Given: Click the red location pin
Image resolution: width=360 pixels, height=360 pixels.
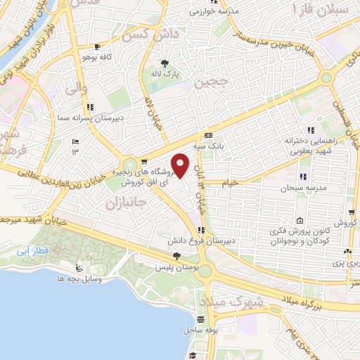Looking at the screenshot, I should click(x=181, y=165).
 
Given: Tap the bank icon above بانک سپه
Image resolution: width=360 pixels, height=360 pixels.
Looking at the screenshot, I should click(x=207, y=136).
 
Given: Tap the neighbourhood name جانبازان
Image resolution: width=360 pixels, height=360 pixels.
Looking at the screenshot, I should click(x=124, y=204).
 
